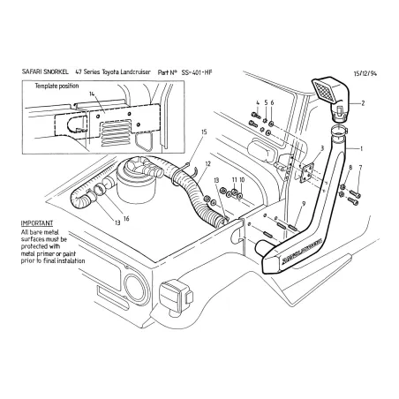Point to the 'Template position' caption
tap(57, 87)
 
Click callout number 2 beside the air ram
tap(360, 104)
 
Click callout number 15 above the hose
tap(204, 132)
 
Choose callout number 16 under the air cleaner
tap(125, 217)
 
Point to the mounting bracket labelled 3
tap(308, 173)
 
